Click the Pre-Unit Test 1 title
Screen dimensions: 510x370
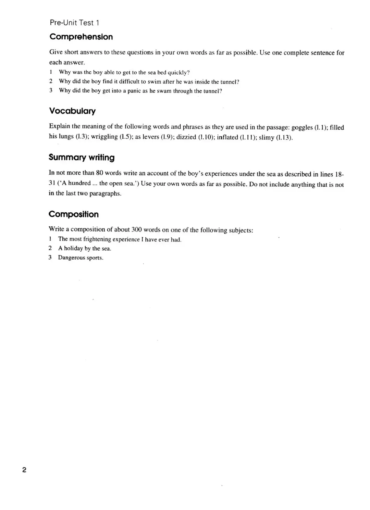click(x=74, y=23)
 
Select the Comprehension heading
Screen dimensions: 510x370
click(x=81, y=37)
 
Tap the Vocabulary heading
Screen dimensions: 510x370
click(x=72, y=111)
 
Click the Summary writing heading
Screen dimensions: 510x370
click(x=82, y=158)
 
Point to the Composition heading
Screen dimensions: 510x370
click(x=74, y=214)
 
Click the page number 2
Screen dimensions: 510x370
click(x=24, y=470)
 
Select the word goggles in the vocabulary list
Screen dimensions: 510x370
click(x=302, y=127)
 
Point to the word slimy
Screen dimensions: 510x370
click(x=267, y=138)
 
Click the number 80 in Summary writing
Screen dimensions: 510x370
click(x=100, y=173)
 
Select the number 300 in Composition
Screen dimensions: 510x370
click(x=137, y=230)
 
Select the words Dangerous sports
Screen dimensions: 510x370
click(x=81, y=258)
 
